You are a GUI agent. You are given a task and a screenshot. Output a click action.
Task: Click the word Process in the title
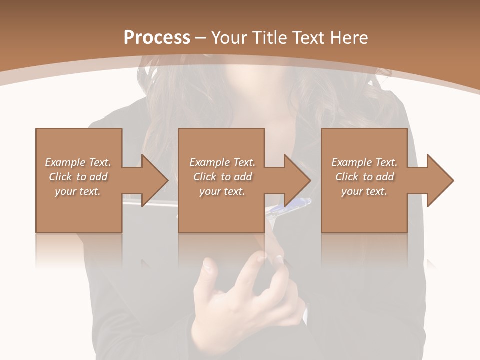(157, 38)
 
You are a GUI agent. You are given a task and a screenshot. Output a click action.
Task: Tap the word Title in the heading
(272, 38)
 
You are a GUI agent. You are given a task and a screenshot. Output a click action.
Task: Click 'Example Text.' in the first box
(78, 162)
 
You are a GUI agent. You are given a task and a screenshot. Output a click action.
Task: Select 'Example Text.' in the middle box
(222, 162)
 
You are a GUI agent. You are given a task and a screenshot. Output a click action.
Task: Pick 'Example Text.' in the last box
(364, 162)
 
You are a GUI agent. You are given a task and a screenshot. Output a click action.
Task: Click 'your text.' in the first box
(78, 191)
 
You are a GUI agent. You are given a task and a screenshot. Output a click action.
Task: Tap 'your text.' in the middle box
(222, 191)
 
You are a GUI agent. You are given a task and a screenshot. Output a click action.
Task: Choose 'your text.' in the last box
(364, 191)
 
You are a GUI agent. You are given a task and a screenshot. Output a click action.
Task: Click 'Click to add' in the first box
(78, 177)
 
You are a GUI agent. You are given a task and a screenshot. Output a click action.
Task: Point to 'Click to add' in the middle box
(222, 177)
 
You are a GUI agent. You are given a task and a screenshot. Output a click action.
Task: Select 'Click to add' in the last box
(364, 177)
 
